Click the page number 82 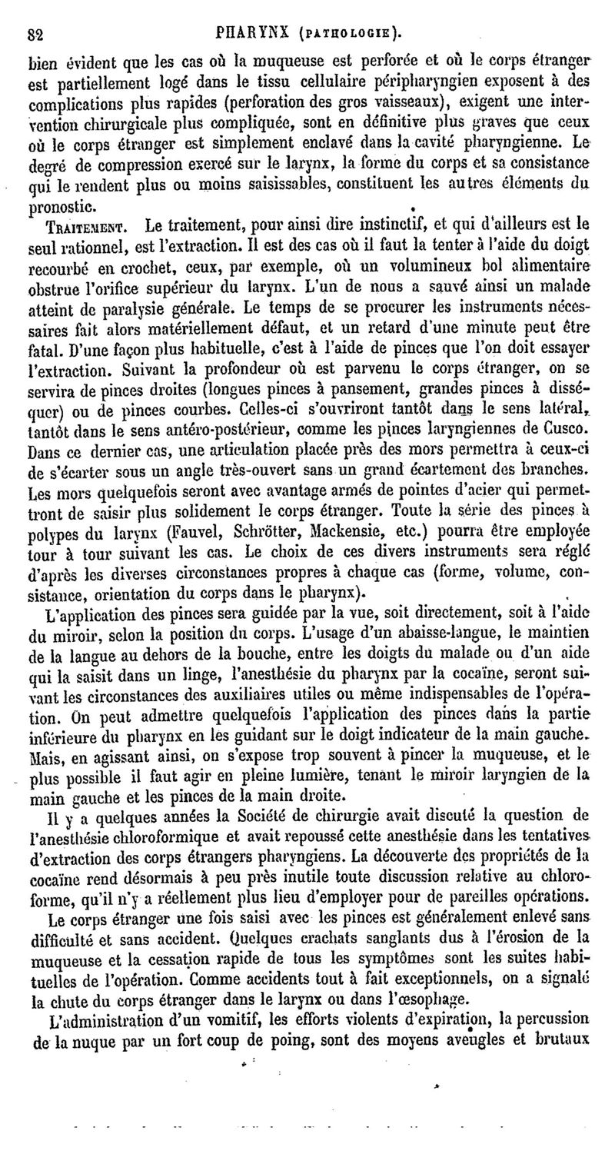[35, 33]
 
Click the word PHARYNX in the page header [242, 33]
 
